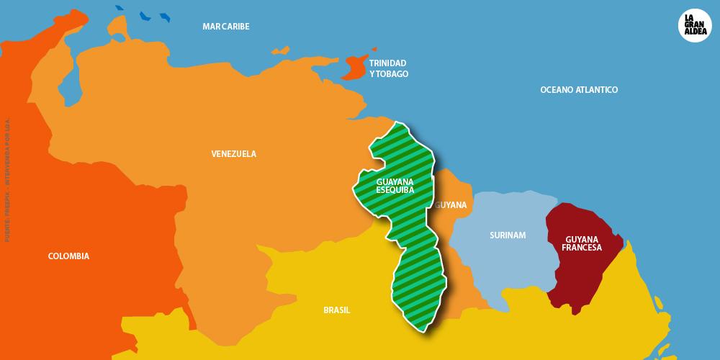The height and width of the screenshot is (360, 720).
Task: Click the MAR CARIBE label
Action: (225, 27)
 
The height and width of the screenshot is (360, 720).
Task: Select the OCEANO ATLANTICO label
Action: (579, 90)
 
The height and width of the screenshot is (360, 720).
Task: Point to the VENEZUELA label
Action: (233, 154)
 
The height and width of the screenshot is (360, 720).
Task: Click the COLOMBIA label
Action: (68, 256)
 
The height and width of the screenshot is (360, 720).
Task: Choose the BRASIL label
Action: (336, 310)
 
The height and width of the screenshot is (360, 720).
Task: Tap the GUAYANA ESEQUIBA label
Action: (395, 186)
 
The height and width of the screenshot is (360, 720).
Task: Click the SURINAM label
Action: (508, 235)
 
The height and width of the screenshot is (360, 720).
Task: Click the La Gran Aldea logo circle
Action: (694, 27)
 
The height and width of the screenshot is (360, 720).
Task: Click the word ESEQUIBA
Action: (395, 190)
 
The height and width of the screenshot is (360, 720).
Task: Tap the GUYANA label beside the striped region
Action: (451, 205)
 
